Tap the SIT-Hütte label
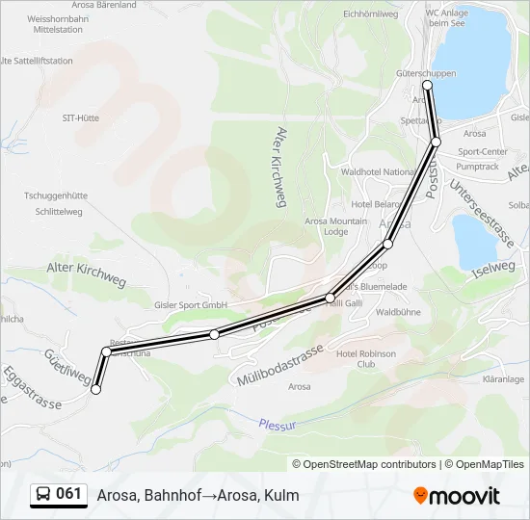point(80,117)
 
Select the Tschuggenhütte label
point(56,194)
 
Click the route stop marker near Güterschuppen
point(427,86)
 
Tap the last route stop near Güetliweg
point(95,389)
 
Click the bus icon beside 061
point(44,494)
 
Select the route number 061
point(69,494)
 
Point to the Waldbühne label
point(398,313)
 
